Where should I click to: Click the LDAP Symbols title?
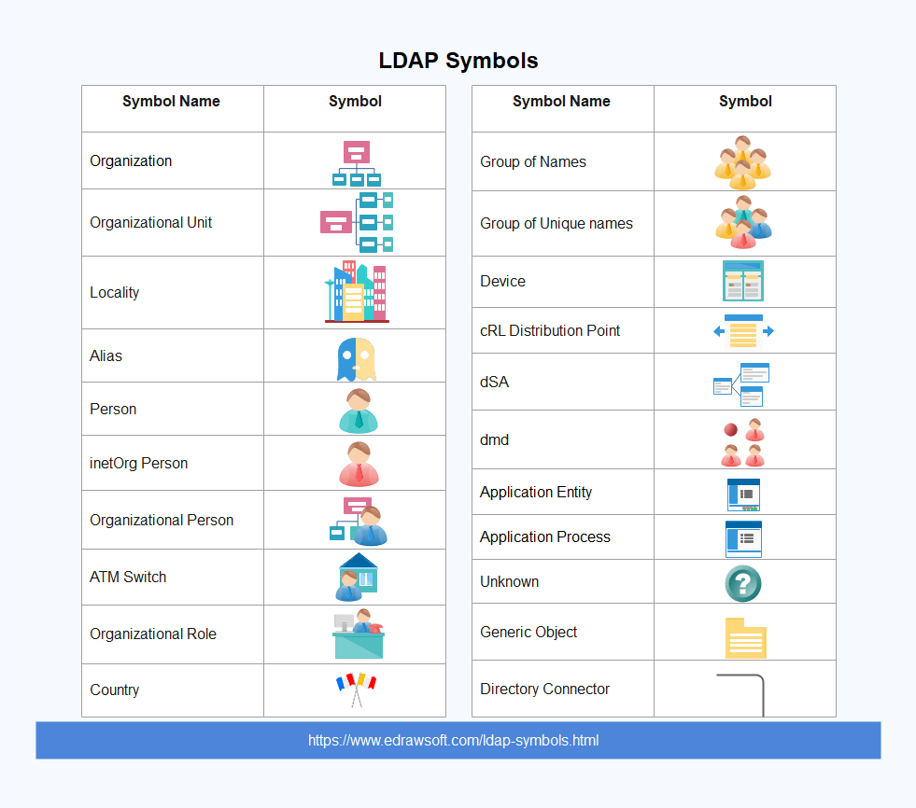(458, 61)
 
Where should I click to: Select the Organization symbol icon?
(357, 163)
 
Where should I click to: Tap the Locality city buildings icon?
(357, 292)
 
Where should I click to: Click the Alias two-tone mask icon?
(357, 359)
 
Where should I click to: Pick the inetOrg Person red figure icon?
(359, 464)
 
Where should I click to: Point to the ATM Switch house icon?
(357, 577)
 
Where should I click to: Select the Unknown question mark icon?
(743, 583)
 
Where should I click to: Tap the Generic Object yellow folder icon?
(745, 638)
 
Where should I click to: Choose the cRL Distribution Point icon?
(743, 331)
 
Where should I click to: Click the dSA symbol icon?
(741, 384)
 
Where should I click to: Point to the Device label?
(502, 282)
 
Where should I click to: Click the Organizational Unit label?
(150, 222)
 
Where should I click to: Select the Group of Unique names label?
(557, 224)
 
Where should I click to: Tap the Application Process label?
(545, 537)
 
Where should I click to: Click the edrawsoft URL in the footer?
(453, 740)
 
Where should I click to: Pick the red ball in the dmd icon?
(730, 430)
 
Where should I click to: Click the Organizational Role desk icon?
(359, 634)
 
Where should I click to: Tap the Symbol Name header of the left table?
(171, 102)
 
